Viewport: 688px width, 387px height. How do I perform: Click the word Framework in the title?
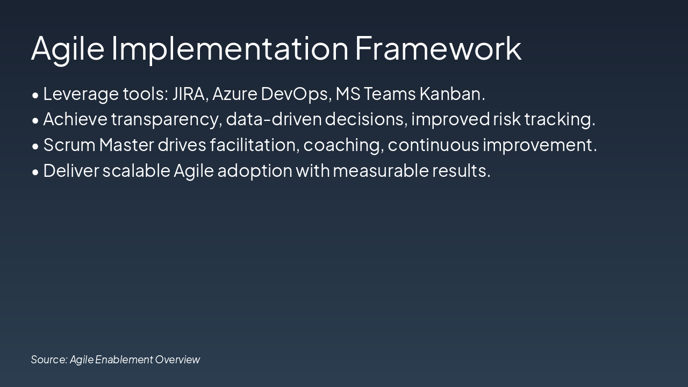click(438, 48)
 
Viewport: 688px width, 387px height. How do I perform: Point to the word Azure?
click(235, 94)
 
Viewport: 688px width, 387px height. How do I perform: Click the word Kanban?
click(453, 94)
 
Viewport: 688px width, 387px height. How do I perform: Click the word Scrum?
click(69, 145)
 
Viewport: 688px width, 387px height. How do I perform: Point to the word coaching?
click(343, 146)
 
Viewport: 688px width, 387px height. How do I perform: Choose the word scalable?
click(137, 170)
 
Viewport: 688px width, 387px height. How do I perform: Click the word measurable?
click(381, 170)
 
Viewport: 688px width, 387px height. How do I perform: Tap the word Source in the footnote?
click(49, 360)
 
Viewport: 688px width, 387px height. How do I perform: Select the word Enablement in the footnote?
click(124, 360)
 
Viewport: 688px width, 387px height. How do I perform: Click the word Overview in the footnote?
click(177, 360)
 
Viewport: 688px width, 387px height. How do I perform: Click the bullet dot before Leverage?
click(35, 96)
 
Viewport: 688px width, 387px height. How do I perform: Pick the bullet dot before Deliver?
click(35, 173)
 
